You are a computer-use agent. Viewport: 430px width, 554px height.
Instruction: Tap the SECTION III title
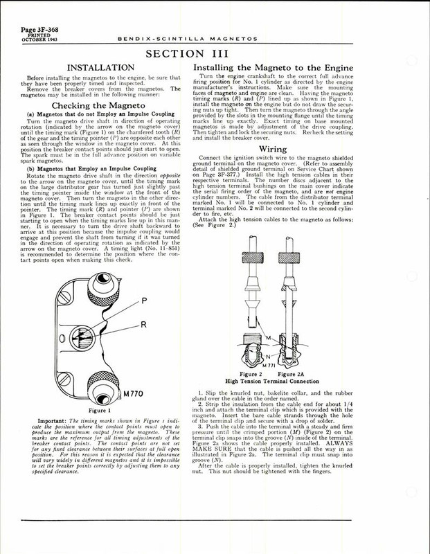[x=215, y=55]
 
